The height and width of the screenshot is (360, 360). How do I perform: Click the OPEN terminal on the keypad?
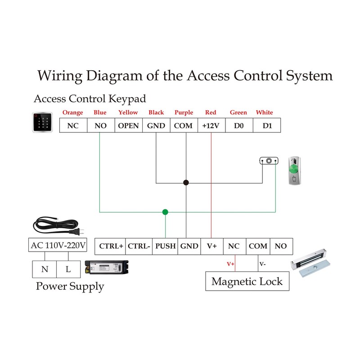pyautogui.click(x=129, y=126)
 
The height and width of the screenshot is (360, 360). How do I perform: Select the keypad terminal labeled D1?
pyautogui.click(x=268, y=126)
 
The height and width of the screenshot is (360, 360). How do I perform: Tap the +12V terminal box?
pyautogui.click(x=211, y=126)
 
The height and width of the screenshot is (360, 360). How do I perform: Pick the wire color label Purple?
pyautogui.click(x=184, y=112)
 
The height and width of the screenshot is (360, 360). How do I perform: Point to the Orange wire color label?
pyautogui.click(x=72, y=112)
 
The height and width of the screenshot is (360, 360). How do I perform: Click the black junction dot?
pyautogui.click(x=185, y=183)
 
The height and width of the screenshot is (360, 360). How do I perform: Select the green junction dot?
pyautogui.click(x=165, y=211)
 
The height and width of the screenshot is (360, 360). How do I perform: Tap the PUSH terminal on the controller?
pyautogui.click(x=165, y=246)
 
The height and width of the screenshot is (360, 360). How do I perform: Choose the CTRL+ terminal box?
pyautogui.click(x=111, y=246)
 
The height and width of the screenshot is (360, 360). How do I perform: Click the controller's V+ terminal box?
pyautogui.click(x=212, y=246)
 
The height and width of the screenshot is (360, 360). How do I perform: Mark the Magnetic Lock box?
pyautogui.click(x=247, y=282)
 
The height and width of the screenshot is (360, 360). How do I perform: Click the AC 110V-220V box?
pyautogui.click(x=58, y=246)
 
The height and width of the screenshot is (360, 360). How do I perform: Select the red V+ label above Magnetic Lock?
pyautogui.click(x=230, y=264)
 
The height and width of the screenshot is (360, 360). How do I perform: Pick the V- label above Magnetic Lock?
pyautogui.click(x=262, y=264)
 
